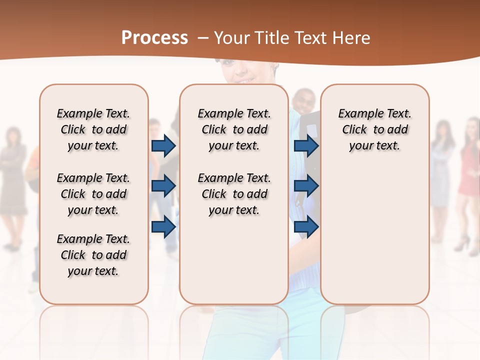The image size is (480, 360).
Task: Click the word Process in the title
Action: pyautogui.click(x=154, y=38)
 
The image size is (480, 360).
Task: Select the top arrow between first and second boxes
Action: pyautogui.click(x=163, y=145)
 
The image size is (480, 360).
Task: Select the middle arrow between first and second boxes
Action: pyautogui.click(x=163, y=185)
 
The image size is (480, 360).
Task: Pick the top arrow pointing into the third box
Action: pyautogui.click(x=306, y=145)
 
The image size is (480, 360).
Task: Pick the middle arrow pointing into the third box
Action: pyautogui.click(x=306, y=185)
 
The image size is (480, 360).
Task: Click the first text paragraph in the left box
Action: pyautogui.click(x=93, y=129)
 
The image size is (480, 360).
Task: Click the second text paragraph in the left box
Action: pyautogui.click(x=93, y=194)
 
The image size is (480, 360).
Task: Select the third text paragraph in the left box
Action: pyautogui.click(x=93, y=255)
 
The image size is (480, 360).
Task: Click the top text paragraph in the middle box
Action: pyautogui.click(x=234, y=129)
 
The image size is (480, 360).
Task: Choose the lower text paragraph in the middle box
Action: pyautogui.click(x=234, y=194)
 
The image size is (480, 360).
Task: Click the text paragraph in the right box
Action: pyautogui.click(x=374, y=129)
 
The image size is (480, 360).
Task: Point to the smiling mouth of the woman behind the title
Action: pyautogui.click(x=245, y=80)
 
